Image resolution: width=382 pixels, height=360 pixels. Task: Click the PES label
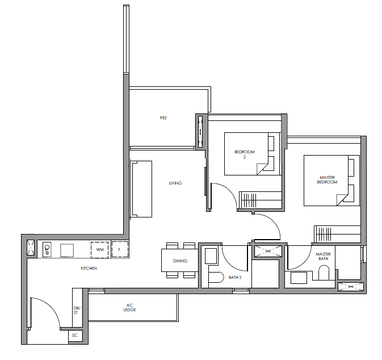coord(163,118)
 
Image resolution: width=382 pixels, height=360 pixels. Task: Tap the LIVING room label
coord(175,183)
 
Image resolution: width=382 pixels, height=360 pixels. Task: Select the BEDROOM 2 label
coord(245,154)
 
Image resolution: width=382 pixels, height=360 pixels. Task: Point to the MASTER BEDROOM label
coord(327,179)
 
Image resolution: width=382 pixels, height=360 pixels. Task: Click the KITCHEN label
coord(89,268)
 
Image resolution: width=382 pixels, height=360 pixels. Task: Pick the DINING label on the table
coord(180,261)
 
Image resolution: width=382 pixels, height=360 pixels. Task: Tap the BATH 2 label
coord(235,277)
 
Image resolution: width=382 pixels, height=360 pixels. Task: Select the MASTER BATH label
coord(324,256)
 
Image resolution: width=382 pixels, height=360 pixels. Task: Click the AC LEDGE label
coord(129,307)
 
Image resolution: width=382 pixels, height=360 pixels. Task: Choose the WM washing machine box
coord(100,250)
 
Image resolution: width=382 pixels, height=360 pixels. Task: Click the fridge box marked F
coord(120,249)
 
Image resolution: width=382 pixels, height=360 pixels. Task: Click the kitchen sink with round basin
coord(47,249)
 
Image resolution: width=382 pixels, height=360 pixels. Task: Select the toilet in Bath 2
coord(216,277)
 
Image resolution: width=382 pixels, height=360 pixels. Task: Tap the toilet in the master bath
coord(324,273)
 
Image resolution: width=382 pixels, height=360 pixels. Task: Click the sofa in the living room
coord(141,189)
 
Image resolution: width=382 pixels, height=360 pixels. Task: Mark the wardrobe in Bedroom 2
coord(260,200)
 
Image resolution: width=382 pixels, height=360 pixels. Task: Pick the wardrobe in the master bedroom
coord(337,234)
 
